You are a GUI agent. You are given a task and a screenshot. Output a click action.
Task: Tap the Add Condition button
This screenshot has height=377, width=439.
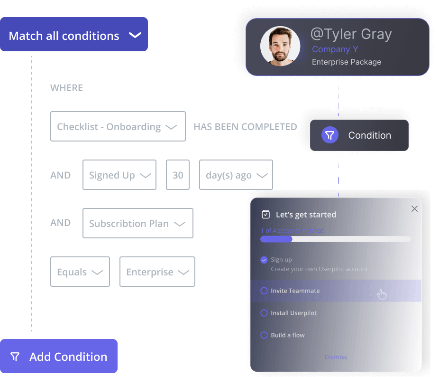coord(59,357)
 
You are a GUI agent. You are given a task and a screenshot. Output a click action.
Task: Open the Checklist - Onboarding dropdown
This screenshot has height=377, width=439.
coord(118,127)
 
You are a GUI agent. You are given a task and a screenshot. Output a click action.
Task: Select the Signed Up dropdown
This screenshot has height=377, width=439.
coord(119,175)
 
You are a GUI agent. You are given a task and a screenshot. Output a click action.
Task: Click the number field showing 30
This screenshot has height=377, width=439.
coord(178,175)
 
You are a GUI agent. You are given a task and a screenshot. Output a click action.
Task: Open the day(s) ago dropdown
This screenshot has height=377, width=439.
coord(236,175)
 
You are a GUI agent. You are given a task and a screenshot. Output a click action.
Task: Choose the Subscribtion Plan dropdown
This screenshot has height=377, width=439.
coord(137,223)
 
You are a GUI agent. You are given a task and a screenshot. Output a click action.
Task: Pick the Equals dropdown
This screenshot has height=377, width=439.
coord(80,272)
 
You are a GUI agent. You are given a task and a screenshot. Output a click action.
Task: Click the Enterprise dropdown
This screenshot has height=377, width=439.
coord(157,272)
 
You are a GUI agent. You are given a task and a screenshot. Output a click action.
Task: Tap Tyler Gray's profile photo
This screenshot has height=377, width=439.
coord(280,46)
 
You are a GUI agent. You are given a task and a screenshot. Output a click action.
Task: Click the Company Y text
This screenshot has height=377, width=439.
coord(335,49)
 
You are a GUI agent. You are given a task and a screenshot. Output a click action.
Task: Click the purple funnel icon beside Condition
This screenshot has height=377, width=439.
coord(330,135)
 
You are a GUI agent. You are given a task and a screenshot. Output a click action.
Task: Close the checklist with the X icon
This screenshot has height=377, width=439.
coord(414,209)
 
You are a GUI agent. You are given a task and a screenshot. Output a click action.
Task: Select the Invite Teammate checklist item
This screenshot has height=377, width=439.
coord(295,291)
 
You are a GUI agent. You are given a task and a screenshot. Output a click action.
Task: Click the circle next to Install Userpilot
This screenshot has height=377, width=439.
coord(264,313)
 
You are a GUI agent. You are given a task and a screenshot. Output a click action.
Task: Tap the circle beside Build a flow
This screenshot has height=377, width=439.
coord(264,335)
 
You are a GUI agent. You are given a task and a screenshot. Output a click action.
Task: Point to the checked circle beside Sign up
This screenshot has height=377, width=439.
coord(264,260)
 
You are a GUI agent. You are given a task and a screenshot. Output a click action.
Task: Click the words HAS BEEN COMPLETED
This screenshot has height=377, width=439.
coord(245,127)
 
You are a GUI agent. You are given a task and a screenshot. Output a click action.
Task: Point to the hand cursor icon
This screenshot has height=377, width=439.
coord(382,294)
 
